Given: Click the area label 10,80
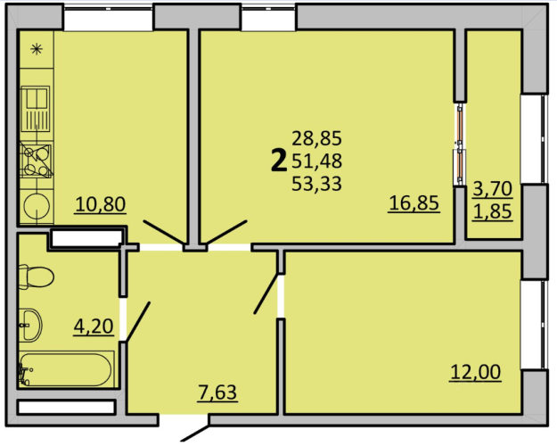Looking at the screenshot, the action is point(101,204).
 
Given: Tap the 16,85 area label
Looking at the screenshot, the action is point(414,202).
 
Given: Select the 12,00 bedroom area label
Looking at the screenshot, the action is point(476,372).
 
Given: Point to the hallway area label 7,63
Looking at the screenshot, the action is point(217,392).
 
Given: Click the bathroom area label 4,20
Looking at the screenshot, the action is point(94,326).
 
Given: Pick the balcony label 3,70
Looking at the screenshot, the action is point(493,188).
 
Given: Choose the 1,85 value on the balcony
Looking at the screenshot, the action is point(493,211).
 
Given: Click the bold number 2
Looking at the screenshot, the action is point(278,161).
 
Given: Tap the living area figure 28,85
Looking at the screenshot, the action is point(316,138).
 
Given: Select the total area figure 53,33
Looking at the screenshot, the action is point(316,184).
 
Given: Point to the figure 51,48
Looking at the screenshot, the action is point(316,161).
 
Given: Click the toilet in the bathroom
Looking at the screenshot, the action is point(37,277).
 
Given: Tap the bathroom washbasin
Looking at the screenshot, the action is point(30,325).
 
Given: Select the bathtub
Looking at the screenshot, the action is point(67,369).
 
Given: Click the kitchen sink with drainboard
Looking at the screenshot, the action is point(35,109).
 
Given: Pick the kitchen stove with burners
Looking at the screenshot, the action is point(37,160).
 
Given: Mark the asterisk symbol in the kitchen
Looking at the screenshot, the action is point(37,49).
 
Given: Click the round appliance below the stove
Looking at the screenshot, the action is point(37,206).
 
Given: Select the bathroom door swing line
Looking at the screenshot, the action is point(138,321).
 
